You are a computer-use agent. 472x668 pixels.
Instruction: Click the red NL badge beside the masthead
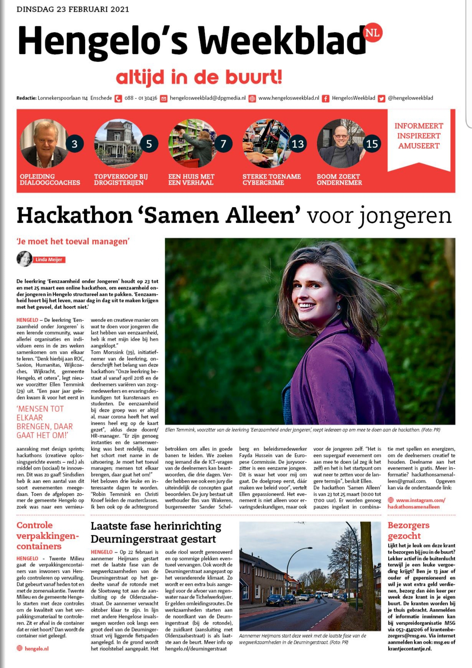(x=373, y=33)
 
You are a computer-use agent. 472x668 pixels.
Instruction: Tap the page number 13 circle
(x=298, y=144)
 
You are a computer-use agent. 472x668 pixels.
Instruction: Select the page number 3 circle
(x=74, y=144)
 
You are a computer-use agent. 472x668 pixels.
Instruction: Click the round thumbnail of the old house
(x=118, y=144)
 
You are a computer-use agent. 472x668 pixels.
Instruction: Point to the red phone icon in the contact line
(x=118, y=98)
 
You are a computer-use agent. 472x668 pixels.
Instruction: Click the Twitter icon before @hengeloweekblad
(x=381, y=98)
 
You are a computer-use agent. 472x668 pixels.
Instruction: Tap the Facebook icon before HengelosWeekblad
(x=325, y=98)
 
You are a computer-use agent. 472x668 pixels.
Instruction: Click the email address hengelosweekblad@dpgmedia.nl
(x=207, y=98)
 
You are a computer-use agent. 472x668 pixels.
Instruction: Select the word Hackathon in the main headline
(x=74, y=216)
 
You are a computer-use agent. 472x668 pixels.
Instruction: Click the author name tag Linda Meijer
(x=49, y=260)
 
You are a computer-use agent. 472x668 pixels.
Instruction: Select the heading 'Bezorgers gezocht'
(x=408, y=530)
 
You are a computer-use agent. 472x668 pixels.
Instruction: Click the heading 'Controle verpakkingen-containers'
(x=48, y=536)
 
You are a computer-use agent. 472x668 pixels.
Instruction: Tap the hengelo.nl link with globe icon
(x=36, y=648)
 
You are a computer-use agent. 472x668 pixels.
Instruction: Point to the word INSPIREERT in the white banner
(x=419, y=136)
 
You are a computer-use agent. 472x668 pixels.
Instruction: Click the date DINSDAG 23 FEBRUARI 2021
(x=73, y=9)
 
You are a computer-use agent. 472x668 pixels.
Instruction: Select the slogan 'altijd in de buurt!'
(x=199, y=77)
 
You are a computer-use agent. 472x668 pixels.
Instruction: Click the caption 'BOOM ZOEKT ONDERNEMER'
(x=339, y=180)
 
